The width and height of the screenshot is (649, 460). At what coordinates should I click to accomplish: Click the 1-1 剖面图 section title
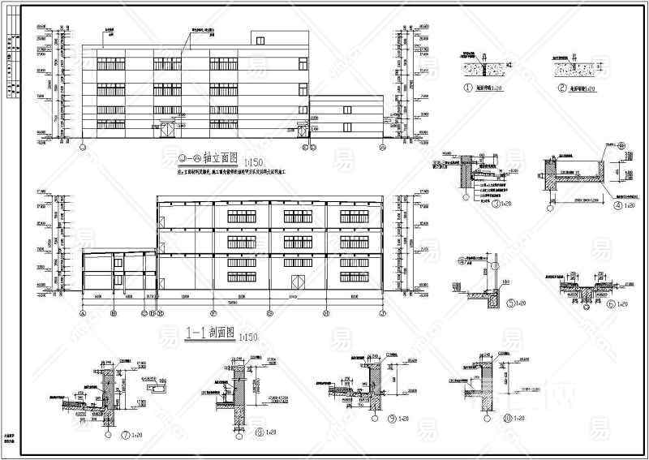[210, 333]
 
